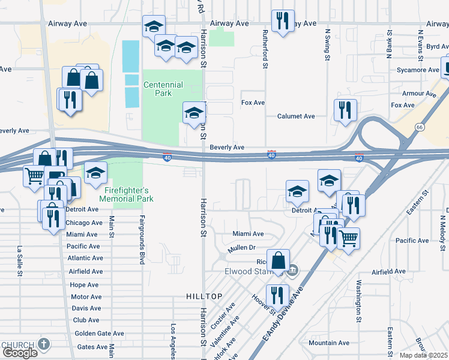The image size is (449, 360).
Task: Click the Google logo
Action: click(20, 352)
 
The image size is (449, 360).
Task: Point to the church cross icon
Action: click(43, 344)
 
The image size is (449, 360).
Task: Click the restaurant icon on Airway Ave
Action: click(282, 20)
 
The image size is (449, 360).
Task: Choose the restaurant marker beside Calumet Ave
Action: click(345, 110)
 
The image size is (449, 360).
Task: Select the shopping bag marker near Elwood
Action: click(278, 260)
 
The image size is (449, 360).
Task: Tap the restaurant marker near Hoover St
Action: click(277, 295)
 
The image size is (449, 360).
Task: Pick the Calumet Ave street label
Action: click(296, 116)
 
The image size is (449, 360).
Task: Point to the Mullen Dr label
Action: click(242, 247)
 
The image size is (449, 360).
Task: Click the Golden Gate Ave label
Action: click(99, 334)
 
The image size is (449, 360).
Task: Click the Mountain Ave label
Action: click(328, 343)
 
